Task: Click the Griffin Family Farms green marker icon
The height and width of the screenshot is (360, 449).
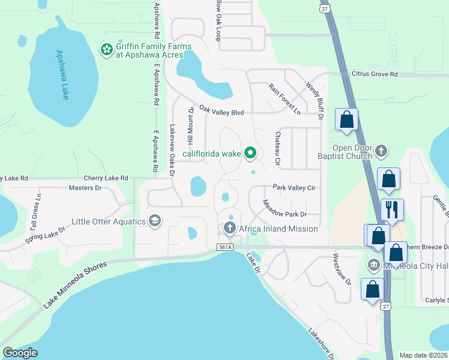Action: [x=107, y=50]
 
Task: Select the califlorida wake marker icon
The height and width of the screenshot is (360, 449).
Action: [x=251, y=154]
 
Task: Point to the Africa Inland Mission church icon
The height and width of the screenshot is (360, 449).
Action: [x=229, y=229]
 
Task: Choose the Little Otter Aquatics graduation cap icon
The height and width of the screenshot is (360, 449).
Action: [x=155, y=221]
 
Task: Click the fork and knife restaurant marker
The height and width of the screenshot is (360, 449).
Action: [x=392, y=209]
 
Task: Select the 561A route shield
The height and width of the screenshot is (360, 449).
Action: [x=225, y=247]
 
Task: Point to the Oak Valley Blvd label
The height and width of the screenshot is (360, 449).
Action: [x=221, y=111]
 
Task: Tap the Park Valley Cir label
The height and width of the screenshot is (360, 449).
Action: [x=294, y=187]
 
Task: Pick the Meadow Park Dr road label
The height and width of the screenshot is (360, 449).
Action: [x=285, y=209]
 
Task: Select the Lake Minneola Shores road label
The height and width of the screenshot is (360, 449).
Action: [x=76, y=285]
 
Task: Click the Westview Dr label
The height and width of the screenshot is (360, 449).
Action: [x=342, y=268]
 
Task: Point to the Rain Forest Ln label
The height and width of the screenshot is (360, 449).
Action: [x=284, y=99]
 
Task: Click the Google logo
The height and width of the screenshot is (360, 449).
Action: [x=20, y=353]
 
